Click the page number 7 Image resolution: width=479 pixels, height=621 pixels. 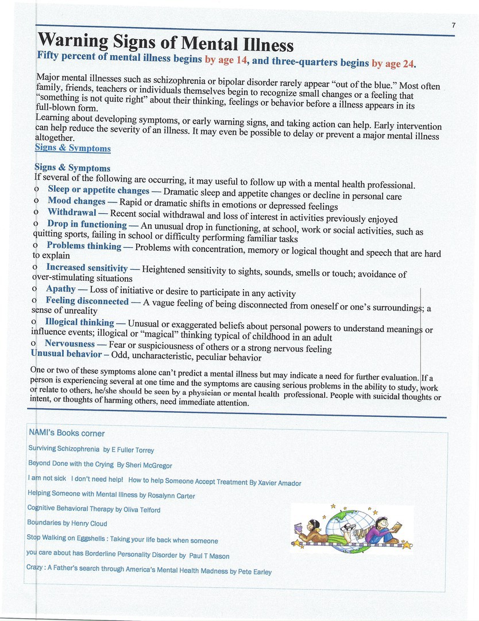click(x=453, y=25)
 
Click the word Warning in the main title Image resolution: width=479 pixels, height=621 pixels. click(x=74, y=42)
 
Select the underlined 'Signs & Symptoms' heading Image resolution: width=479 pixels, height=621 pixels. click(x=72, y=148)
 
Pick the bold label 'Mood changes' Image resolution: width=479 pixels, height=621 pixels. click(x=76, y=201)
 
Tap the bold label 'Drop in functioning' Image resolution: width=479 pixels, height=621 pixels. click(x=87, y=224)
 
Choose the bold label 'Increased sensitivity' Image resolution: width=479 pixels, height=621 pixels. click(x=87, y=267)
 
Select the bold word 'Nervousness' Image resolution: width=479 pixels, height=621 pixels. click(x=69, y=343)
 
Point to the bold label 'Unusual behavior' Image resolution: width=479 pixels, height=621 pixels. click(x=66, y=354)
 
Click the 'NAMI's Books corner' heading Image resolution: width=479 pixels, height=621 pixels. click(x=67, y=433)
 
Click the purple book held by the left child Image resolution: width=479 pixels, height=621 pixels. click(x=298, y=528)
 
